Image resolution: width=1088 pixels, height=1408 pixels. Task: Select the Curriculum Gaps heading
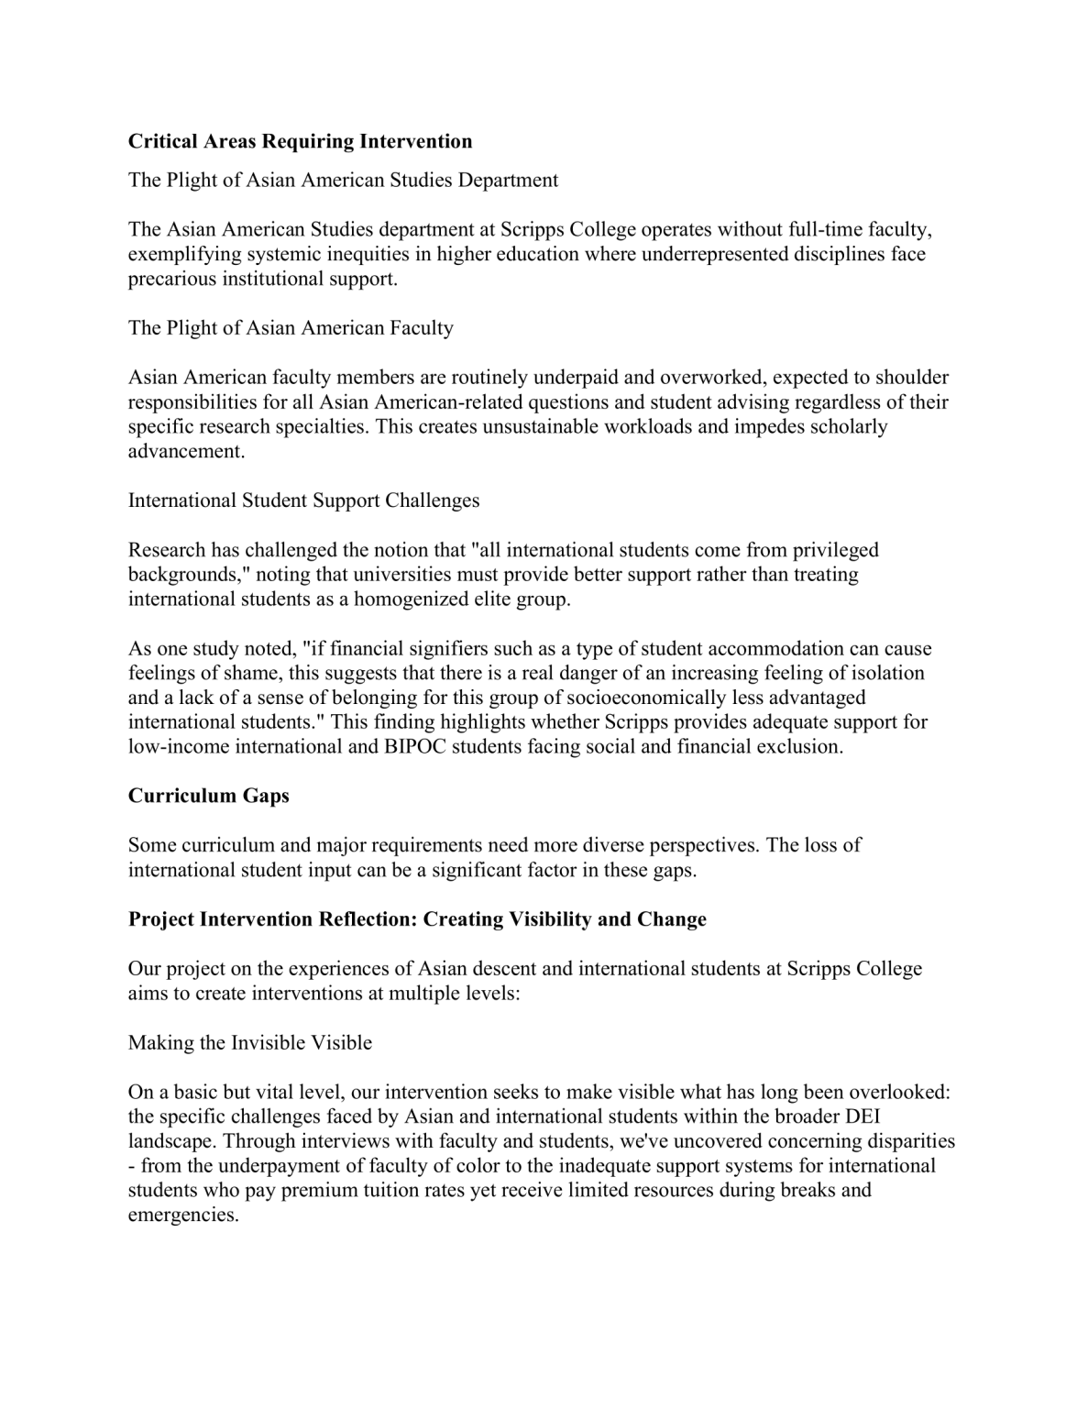point(208,796)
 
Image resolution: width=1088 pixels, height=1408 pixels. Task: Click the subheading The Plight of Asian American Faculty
point(291,328)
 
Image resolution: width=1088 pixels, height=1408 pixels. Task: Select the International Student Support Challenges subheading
point(303,500)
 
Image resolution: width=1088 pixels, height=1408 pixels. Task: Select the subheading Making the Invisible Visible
point(249,1043)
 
